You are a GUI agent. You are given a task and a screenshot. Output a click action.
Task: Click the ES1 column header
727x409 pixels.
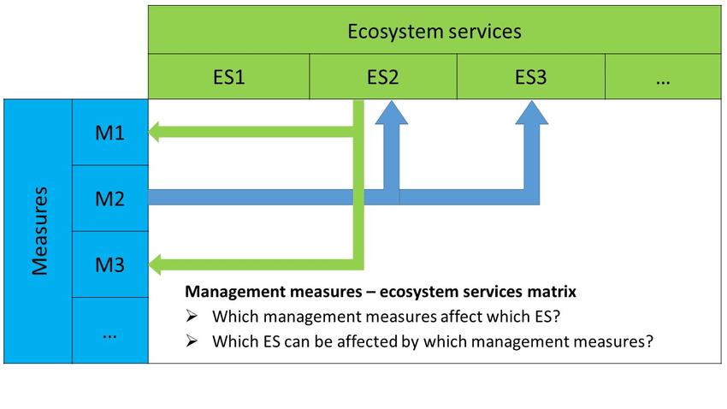pos(228,76)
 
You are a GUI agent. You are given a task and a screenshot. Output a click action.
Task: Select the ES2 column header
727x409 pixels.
pos(383,76)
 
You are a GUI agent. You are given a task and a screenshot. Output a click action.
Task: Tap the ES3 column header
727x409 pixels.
pos(531,76)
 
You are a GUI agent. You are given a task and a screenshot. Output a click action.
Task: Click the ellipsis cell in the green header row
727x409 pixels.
pos(663,76)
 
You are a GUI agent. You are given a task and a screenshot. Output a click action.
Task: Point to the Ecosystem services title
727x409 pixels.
pos(434,32)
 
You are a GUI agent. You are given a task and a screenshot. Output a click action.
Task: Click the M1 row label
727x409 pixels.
pos(109,133)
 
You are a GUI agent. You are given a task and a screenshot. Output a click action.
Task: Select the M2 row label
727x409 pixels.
pos(109,199)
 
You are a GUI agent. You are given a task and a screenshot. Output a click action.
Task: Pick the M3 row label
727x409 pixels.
pos(109,264)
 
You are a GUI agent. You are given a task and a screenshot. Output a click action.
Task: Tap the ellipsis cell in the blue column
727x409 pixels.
pos(109,330)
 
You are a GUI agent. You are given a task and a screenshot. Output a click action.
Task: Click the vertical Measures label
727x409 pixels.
pos(39,231)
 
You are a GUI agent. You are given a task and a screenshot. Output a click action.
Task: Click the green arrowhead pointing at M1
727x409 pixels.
pos(154,132)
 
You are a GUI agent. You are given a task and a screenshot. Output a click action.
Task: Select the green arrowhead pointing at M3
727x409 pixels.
pos(154,264)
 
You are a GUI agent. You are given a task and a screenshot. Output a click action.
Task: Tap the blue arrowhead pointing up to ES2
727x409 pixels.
pos(392,114)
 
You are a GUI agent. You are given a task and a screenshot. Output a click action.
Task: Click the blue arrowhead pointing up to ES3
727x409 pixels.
pos(532,114)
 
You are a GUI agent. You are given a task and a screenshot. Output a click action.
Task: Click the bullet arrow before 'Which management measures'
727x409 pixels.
pos(192,317)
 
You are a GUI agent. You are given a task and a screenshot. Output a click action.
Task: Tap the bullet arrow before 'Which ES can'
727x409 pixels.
pos(192,341)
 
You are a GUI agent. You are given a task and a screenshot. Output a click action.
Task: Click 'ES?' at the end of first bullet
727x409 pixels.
pos(547,317)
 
